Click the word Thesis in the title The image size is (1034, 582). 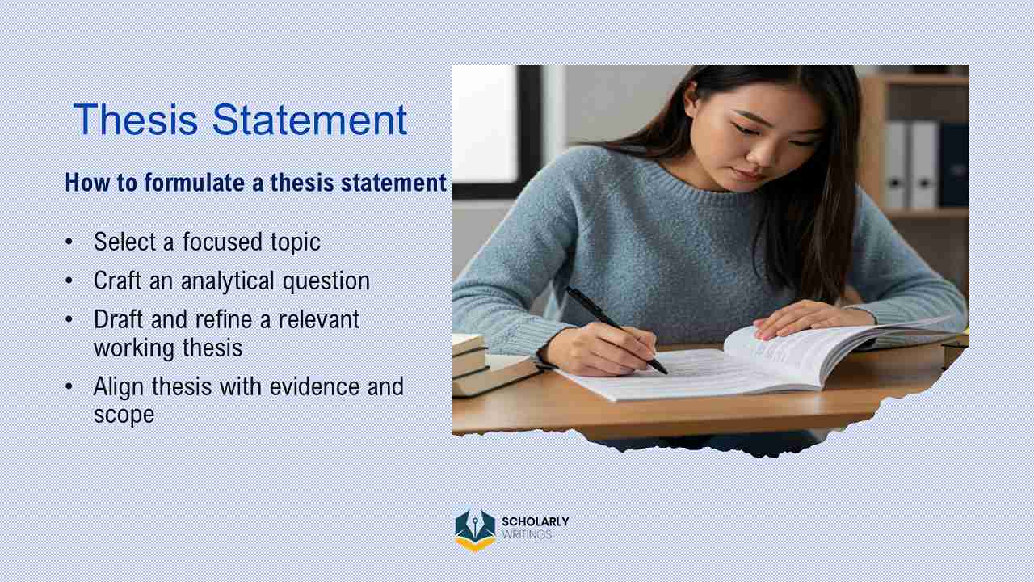tap(136, 120)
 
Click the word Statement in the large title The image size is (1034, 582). tap(309, 120)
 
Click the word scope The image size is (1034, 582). tap(124, 415)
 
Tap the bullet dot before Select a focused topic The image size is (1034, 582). tap(69, 242)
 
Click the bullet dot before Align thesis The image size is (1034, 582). tap(69, 386)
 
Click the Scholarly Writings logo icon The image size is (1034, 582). tap(474, 529)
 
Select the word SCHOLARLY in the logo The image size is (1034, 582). tap(535, 522)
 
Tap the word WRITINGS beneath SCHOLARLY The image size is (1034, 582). tap(527, 535)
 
